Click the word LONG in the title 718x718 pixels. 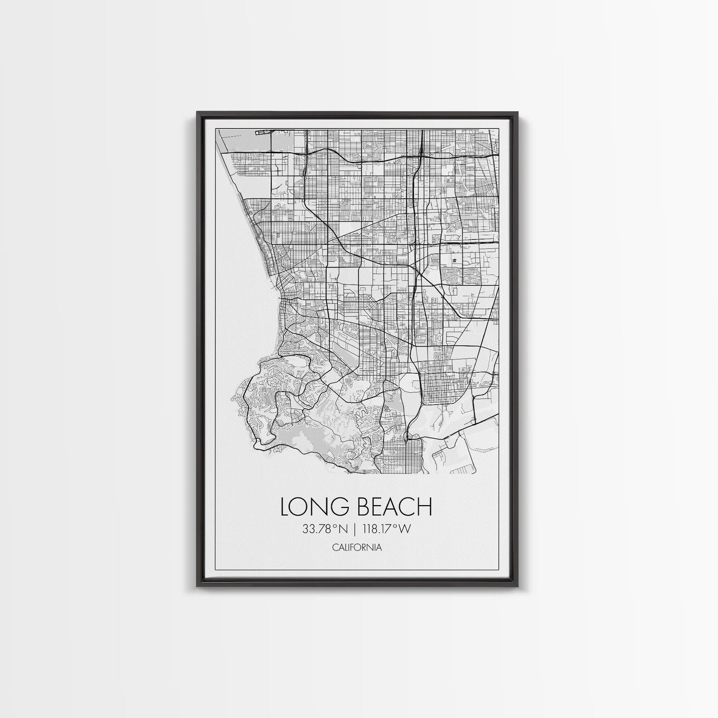tap(316, 507)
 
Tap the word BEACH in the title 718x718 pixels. tap(394, 507)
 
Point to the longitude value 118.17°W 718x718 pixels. tap(387, 529)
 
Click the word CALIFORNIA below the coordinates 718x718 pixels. tap(357, 548)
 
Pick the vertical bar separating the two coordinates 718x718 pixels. tap(356, 529)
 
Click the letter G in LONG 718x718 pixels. tap(342, 507)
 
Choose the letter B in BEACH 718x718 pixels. tap(363, 507)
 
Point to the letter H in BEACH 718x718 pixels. tap(426, 507)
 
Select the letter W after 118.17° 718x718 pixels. tap(405, 529)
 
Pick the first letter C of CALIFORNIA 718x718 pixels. tap(335, 548)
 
